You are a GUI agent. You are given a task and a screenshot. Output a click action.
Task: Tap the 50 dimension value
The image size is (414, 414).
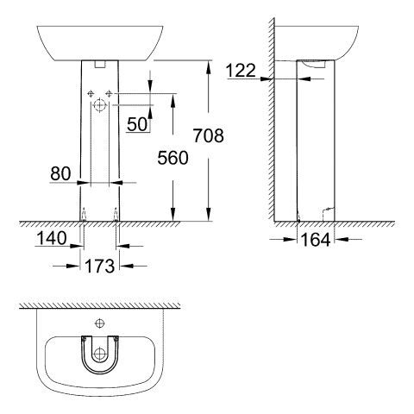click(x=137, y=124)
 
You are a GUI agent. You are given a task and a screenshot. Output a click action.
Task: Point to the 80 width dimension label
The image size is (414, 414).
click(x=60, y=172)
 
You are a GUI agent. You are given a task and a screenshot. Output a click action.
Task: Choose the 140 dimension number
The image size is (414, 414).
click(x=53, y=235)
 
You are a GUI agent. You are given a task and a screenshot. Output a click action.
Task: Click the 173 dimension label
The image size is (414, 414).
click(x=100, y=267)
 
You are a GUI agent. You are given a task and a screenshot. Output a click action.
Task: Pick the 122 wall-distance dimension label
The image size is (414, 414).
click(x=242, y=70)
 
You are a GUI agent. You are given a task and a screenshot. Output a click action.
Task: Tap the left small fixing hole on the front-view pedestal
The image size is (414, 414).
click(x=90, y=92)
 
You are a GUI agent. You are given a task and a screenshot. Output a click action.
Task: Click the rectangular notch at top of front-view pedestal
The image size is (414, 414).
click(x=100, y=63)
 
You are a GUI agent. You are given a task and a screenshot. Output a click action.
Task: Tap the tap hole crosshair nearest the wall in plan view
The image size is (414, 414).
click(x=100, y=323)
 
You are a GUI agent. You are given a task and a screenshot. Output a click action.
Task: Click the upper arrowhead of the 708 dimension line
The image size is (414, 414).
click(x=208, y=63)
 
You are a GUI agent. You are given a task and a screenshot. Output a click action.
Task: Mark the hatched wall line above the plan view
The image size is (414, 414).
click(x=100, y=306)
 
